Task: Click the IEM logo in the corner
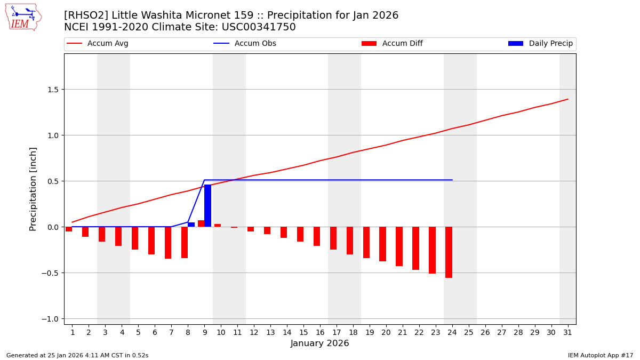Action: click(x=23, y=17)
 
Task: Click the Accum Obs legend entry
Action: click(x=245, y=44)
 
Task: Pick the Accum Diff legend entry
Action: click(x=392, y=44)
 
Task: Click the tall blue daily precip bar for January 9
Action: click(x=207, y=206)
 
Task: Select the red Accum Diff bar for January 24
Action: click(x=449, y=252)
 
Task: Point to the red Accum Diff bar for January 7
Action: click(x=168, y=243)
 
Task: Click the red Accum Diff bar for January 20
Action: click(x=382, y=244)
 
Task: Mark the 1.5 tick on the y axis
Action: click(x=52, y=90)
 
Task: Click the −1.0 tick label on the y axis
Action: click(x=50, y=319)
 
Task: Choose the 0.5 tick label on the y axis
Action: click(x=52, y=181)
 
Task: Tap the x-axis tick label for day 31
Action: click(x=567, y=332)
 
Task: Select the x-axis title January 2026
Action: click(x=319, y=343)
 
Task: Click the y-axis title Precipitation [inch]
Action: click(x=33, y=189)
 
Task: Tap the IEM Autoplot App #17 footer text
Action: click(x=601, y=355)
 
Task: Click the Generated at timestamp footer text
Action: click(x=77, y=355)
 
